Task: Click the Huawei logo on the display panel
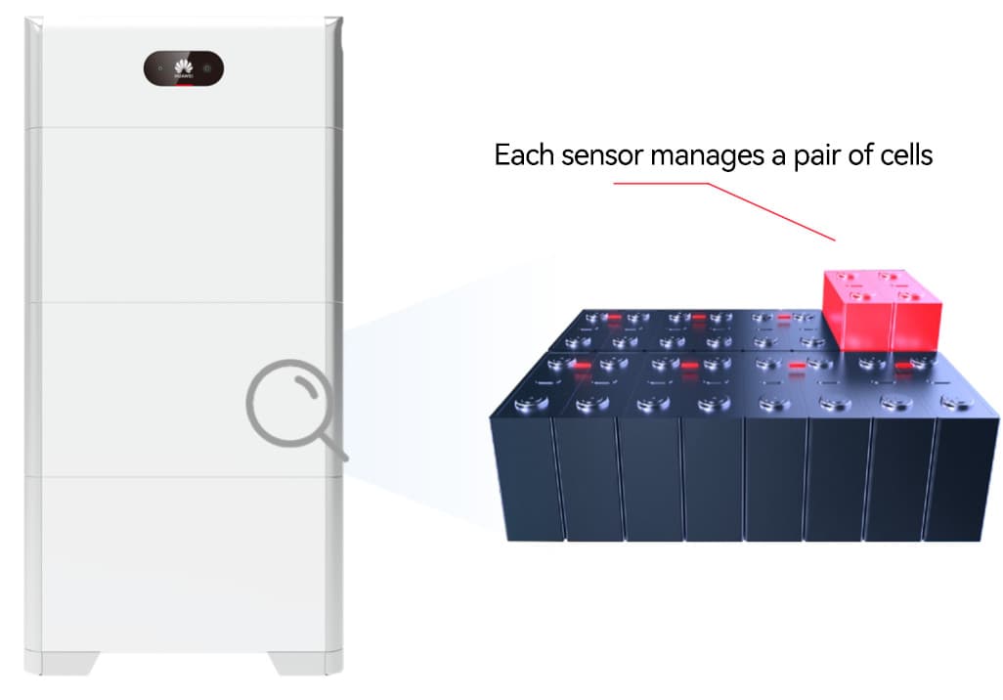[x=184, y=67]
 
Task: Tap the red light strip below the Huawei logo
[x=184, y=84]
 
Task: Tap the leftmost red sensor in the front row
[x=584, y=365]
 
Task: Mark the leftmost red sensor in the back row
[x=615, y=319]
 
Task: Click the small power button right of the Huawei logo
[x=207, y=69]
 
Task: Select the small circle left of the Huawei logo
[x=159, y=69]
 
